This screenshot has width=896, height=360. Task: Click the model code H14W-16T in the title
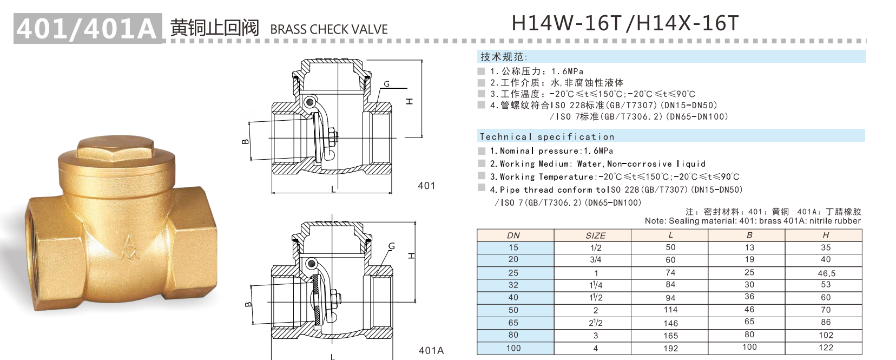(566, 24)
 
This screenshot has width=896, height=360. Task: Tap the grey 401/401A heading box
(88, 28)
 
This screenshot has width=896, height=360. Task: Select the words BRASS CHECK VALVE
(329, 30)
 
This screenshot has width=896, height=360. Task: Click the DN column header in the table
(513, 235)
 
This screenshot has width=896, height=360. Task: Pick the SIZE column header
(596, 235)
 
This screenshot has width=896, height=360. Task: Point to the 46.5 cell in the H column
(826, 273)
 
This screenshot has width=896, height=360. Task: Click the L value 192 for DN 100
(671, 349)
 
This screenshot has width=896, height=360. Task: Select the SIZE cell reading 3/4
(596, 260)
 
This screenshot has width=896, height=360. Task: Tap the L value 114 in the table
(671, 310)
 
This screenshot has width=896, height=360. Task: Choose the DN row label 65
(513, 323)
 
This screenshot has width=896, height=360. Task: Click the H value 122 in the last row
(826, 348)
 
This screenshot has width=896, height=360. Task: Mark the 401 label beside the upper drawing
(426, 186)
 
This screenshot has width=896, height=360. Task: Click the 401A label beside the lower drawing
(431, 351)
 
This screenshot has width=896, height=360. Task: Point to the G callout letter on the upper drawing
(386, 84)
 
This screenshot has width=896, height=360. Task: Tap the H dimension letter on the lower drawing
(412, 256)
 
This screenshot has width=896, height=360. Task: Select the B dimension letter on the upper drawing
(245, 142)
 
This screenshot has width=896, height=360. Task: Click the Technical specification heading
(547, 137)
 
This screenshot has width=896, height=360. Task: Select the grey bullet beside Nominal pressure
(482, 151)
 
